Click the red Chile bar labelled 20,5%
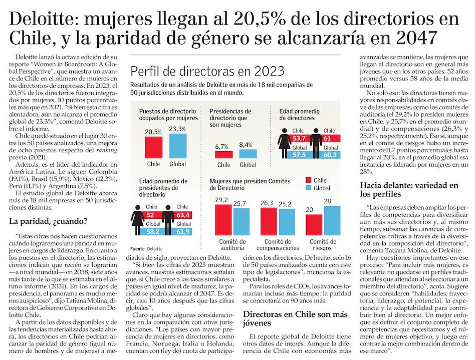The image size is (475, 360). click(154, 147)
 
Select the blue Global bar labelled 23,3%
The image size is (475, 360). click(178, 146)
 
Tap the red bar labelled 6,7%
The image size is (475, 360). click(224, 154)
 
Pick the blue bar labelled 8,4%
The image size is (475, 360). click(248, 154)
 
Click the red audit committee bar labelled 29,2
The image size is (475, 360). click(223, 220)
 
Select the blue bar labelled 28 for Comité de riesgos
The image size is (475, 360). click(332, 220)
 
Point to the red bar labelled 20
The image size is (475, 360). click(314, 225)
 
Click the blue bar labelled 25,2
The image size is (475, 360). click(287, 222)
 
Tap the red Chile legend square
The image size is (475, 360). click(308, 180)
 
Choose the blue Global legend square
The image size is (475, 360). click(308, 188)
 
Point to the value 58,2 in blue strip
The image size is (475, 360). click(152, 232)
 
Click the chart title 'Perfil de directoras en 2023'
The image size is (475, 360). click(207, 71)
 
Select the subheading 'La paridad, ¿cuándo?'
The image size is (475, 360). click(48, 221)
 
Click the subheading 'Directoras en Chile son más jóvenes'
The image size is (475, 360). click(295, 318)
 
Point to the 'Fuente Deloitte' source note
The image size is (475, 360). click(146, 249)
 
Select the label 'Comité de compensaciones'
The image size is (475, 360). click(278, 245)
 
